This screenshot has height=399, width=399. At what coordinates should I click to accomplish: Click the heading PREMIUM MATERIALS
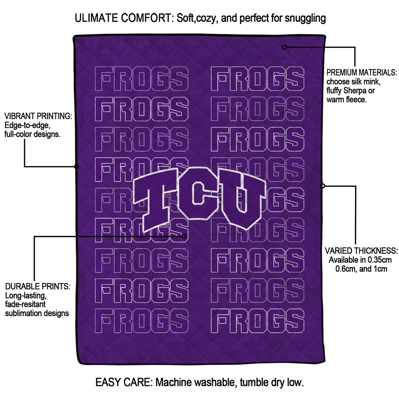[x=362, y=72]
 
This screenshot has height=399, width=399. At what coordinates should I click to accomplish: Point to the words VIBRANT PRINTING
[x=38, y=116]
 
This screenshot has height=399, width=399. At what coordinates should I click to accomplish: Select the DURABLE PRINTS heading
[x=38, y=286]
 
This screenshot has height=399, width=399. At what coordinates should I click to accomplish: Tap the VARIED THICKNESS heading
[x=361, y=251]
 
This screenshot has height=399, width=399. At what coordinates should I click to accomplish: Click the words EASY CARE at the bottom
[x=124, y=382]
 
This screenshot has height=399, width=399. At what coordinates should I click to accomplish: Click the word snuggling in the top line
[x=305, y=19]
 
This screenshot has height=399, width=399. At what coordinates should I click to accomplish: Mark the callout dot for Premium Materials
[x=284, y=47]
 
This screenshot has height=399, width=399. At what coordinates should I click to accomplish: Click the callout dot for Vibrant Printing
[x=77, y=167]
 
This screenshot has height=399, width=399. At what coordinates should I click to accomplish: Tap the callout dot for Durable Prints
[x=184, y=237]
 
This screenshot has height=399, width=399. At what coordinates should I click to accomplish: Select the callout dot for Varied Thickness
[x=322, y=186]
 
